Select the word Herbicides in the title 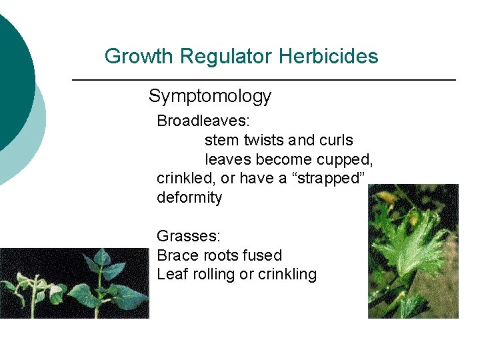click(x=329, y=57)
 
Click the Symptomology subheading click(x=210, y=97)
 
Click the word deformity click(x=189, y=198)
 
